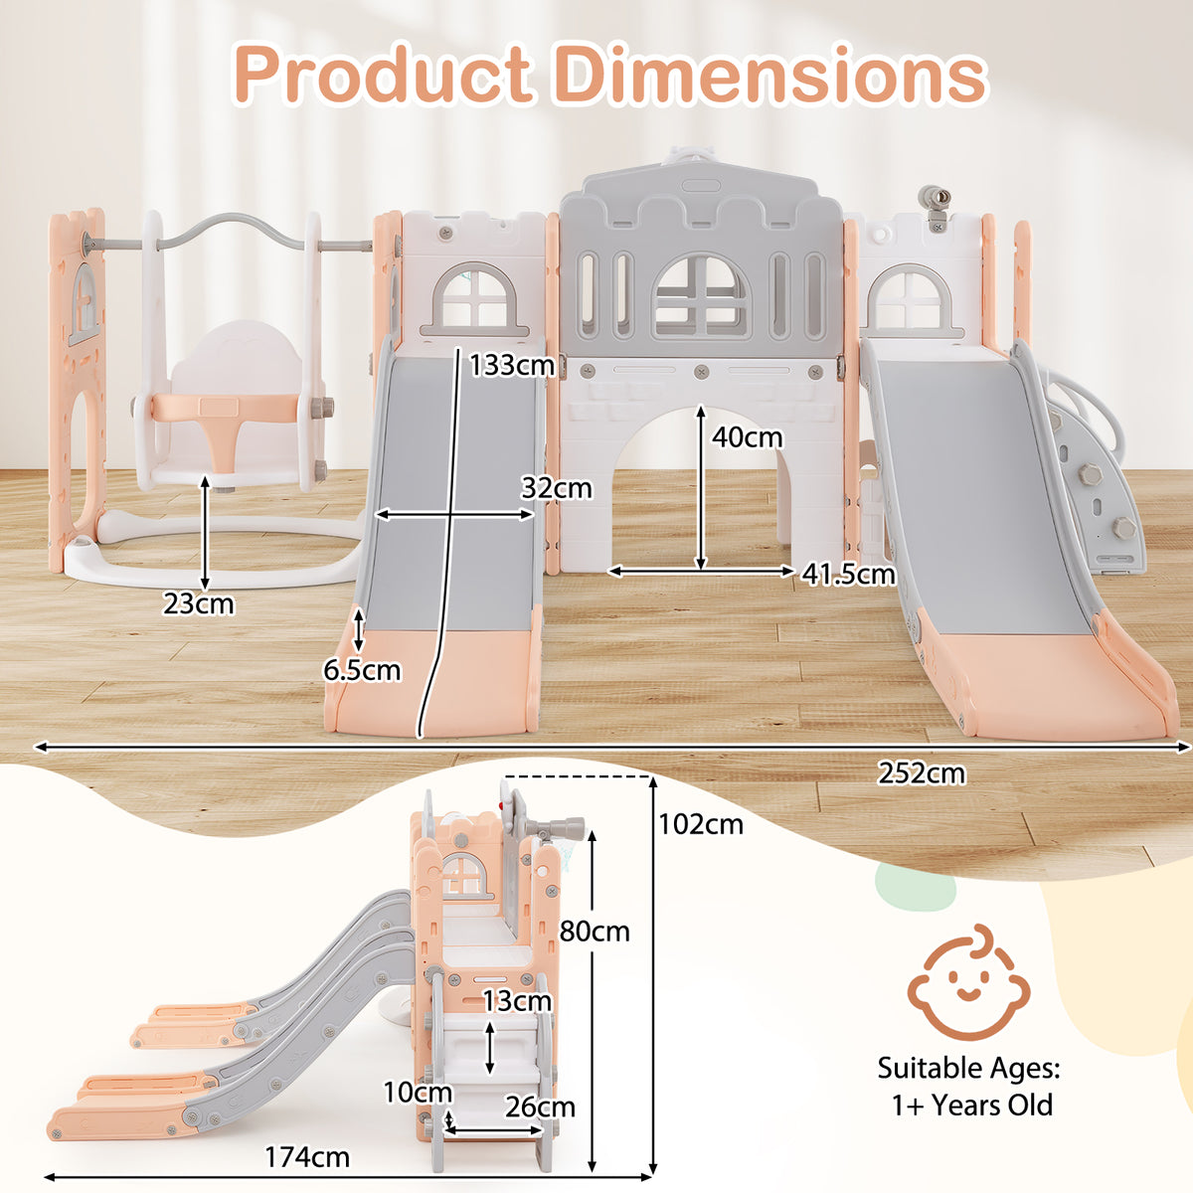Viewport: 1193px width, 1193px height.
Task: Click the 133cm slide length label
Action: (x=512, y=365)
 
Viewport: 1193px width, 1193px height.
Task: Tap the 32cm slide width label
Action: (x=556, y=488)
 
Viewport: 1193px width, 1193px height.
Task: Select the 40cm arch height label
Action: (x=747, y=437)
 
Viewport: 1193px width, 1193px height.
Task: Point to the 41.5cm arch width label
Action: (x=848, y=574)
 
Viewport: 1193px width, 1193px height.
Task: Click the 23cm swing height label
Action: (x=199, y=603)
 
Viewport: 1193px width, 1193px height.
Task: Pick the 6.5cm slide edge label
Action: (x=362, y=670)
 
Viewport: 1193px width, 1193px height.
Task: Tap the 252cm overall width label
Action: (x=921, y=773)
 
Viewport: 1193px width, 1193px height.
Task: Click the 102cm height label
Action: (x=700, y=824)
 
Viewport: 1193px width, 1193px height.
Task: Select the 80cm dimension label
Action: (x=595, y=932)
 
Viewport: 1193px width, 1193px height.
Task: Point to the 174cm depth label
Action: (x=307, y=1157)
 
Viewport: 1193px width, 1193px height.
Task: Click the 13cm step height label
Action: (x=517, y=1001)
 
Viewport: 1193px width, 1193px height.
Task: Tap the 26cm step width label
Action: (x=540, y=1107)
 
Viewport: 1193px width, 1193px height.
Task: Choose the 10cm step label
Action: (x=418, y=1093)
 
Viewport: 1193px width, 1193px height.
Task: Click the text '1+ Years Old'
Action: (x=971, y=1105)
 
